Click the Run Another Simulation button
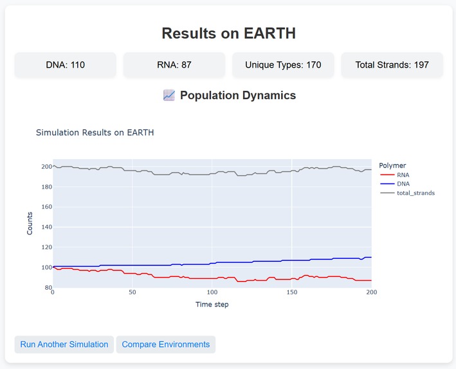click(x=64, y=345)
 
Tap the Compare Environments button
click(x=165, y=345)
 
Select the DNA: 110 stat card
click(x=66, y=65)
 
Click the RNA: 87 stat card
click(x=174, y=65)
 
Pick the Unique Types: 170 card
click(x=282, y=65)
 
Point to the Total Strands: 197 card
click(x=392, y=65)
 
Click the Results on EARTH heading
click(x=228, y=33)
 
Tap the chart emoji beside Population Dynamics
click(x=169, y=95)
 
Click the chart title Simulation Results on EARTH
click(x=95, y=133)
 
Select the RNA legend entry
click(x=403, y=175)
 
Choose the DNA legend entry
click(x=403, y=184)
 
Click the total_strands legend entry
click(x=408, y=193)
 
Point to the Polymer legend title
click(x=392, y=166)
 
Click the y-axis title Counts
click(x=30, y=223)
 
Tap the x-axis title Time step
click(x=212, y=305)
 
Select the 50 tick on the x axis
click(x=132, y=293)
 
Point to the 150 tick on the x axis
click(x=291, y=293)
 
